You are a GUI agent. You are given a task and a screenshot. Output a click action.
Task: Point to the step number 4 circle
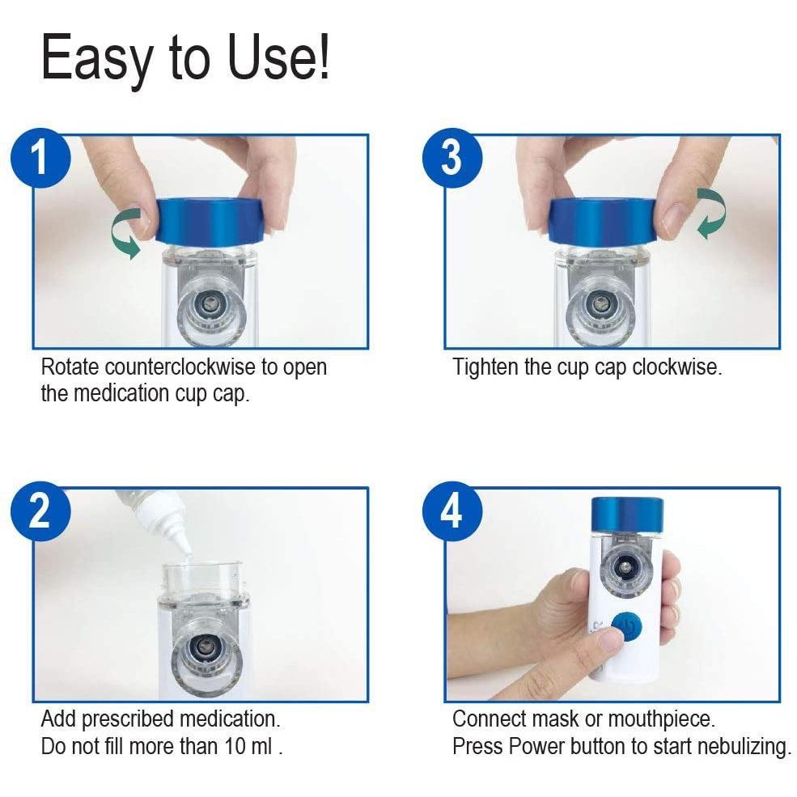pyautogui.click(x=451, y=513)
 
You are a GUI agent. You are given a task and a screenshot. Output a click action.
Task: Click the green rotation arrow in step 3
pyautogui.click(x=710, y=213)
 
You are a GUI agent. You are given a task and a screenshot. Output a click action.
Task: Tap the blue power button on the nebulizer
pyautogui.click(x=624, y=629)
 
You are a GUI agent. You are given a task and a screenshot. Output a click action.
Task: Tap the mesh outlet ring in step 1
pyautogui.click(x=210, y=307)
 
